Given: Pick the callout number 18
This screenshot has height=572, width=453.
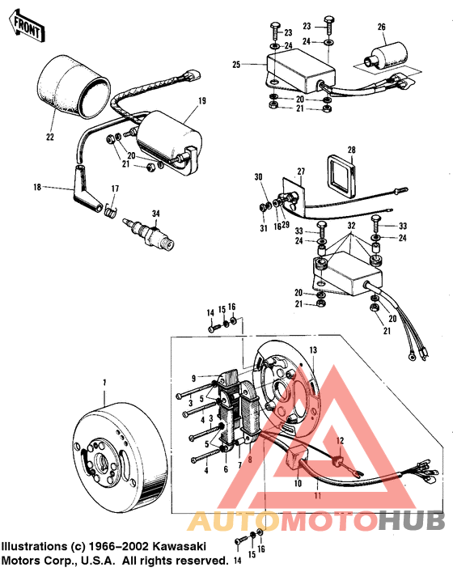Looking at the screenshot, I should pos(37,187).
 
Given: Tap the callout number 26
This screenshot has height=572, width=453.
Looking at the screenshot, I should pos(381,27).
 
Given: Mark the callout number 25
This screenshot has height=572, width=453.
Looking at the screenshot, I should pos(237,64).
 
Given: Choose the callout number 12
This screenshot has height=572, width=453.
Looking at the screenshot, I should pos(341,440).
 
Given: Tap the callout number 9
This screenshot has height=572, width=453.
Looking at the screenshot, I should pos(194,378).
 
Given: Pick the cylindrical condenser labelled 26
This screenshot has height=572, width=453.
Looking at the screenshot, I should pos(379,57).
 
